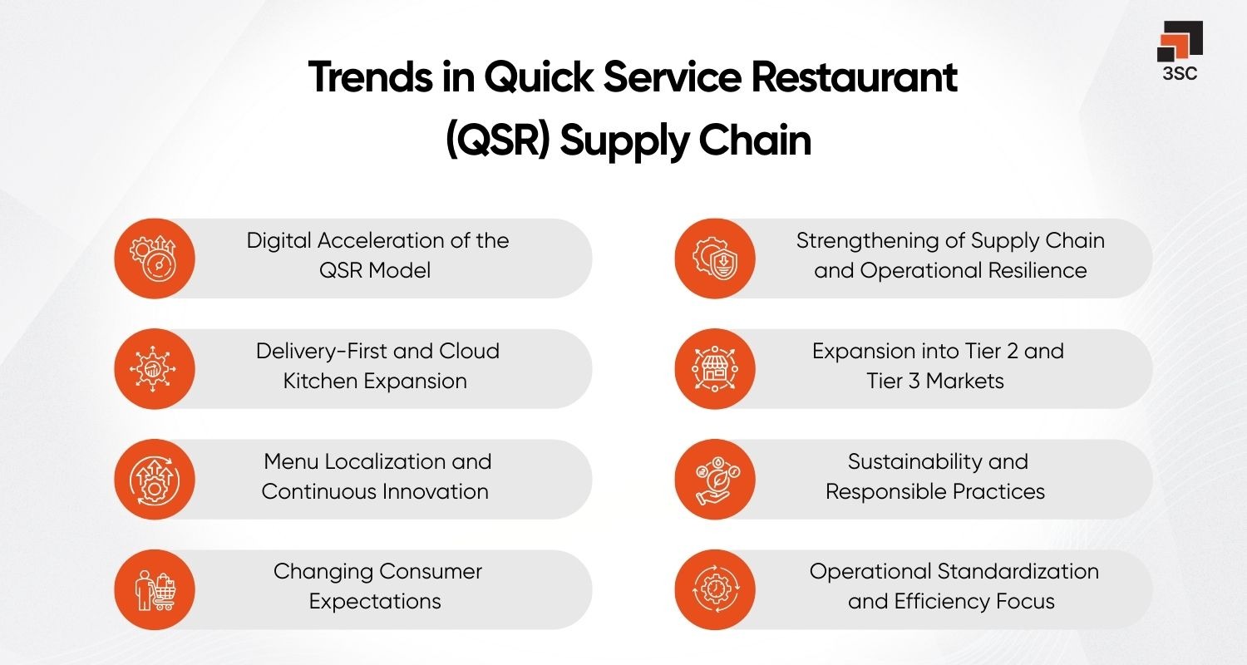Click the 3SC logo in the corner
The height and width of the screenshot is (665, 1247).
point(1180,52)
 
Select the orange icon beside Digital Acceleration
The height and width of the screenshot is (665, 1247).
point(154,259)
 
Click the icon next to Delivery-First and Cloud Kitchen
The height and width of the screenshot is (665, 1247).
point(154,369)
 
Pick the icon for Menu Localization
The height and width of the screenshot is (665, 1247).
point(154,480)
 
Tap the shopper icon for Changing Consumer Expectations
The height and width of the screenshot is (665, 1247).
point(154,589)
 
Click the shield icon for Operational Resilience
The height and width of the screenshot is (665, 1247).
point(715,259)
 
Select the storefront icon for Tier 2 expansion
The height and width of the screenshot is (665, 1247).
point(715,369)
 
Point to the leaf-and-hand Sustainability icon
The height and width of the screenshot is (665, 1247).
point(715,480)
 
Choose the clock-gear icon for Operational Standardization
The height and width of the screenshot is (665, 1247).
point(715,589)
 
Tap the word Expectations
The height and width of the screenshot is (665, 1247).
point(375,602)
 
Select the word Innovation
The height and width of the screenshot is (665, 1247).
point(433,491)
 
